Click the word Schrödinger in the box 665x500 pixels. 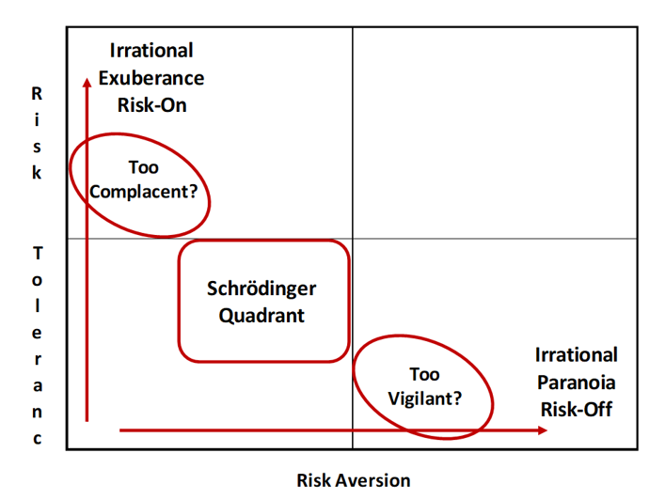tap(261, 289)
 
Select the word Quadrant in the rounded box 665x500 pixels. tap(261, 316)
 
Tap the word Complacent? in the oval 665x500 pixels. tap(144, 192)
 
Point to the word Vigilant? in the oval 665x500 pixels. tap(425, 398)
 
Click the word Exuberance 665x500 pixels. tap(151, 78)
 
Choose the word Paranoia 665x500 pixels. tap(577, 383)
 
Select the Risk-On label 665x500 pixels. tap(152, 105)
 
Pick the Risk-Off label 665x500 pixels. tap(577, 410)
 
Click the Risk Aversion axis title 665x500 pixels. tap(354, 480)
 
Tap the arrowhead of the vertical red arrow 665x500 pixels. tap(87, 82)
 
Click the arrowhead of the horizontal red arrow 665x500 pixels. tap(543, 430)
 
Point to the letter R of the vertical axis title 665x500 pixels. tap(37, 94)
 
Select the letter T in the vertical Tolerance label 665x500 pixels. tap(38, 254)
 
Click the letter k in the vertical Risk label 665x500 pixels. tap(37, 172)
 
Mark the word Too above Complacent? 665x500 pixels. tap(144, 167)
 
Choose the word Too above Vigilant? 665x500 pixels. tap(424, 374)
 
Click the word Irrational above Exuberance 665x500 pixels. tap(151, 51)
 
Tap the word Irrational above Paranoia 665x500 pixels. tap(577, 355)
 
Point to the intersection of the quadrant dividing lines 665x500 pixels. tap(353, 239)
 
